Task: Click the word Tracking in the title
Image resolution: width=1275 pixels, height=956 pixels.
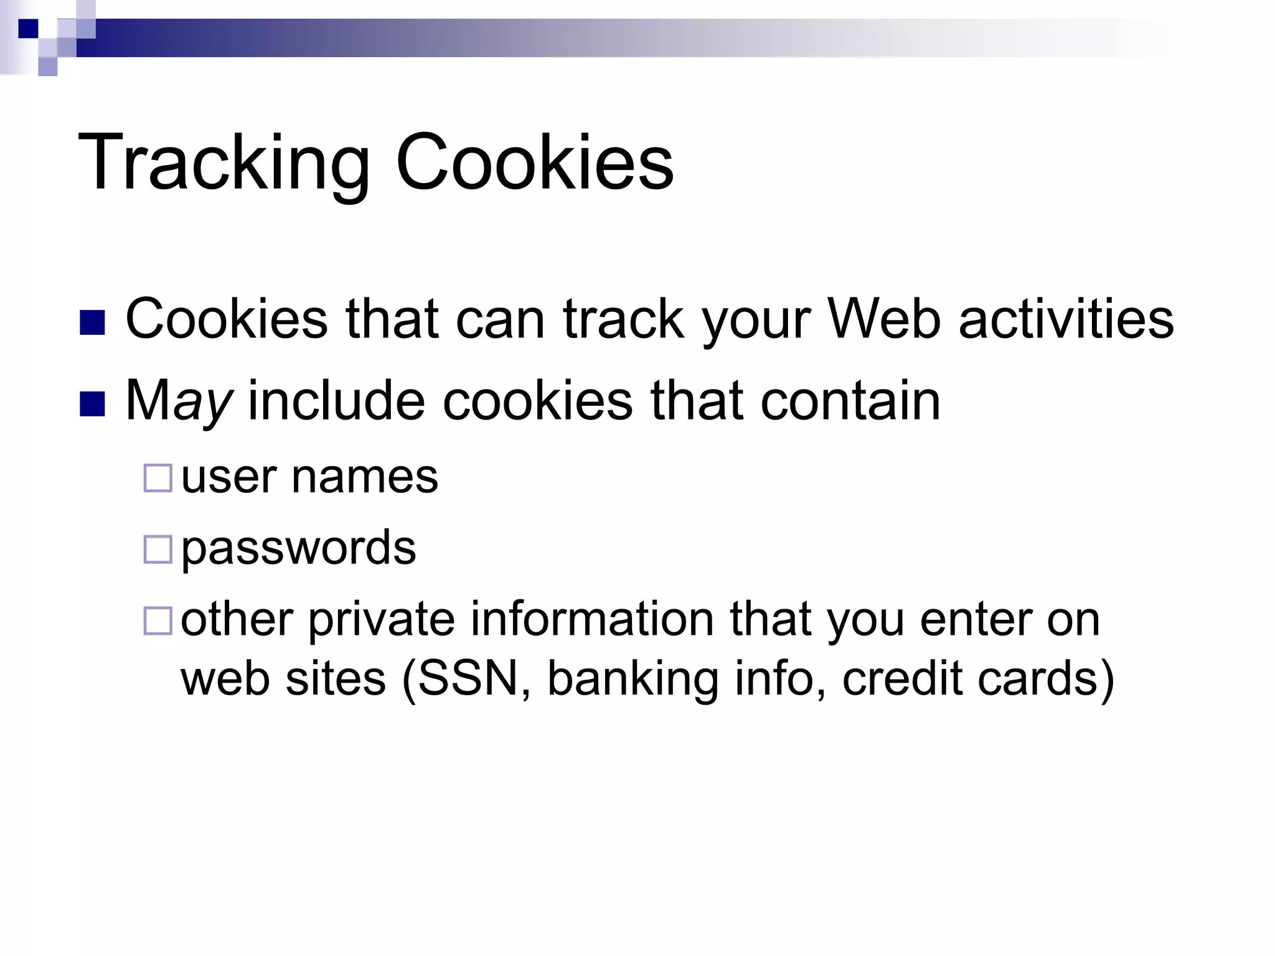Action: pyautogui.click(x=224, y=163)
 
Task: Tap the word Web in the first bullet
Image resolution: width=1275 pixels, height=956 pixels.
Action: pyautogui.click(x=883, y=319)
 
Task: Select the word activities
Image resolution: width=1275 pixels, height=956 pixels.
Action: pyautogui.click(x=1066, y=319)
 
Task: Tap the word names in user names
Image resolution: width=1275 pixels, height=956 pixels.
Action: pyautogui.click(x=365, y=478)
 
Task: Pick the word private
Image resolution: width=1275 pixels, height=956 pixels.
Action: pyautogui.click(x=381, y=620)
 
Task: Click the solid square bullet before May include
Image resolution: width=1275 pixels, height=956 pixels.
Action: pyautogui.click(x=93, y=404)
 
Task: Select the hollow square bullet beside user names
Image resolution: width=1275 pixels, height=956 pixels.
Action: pyautogui.click(x=158, y=479)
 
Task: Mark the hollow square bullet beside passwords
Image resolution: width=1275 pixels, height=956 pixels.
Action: pyautogui.click(x=158, y=550)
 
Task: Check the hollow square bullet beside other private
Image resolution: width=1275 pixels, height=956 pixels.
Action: pyautogui.click(x=158, y=621)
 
